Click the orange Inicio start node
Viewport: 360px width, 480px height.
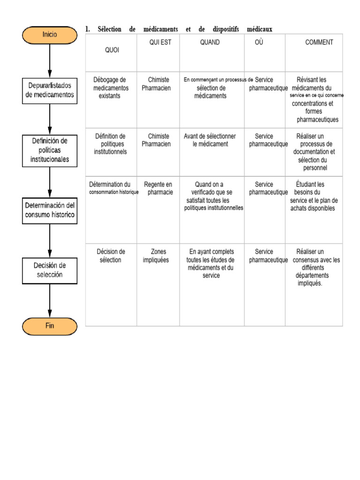pyautogui.click(x=50, y=35)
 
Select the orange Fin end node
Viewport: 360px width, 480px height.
pyautogui.click(x=50, y=326)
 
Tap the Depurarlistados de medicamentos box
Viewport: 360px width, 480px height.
pyautogui.click(x=50, y=90)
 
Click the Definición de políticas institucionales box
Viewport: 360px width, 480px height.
pyautogui.click(x=50, y=150)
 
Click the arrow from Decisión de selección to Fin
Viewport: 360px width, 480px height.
pyautogui.click(x=50, y=300)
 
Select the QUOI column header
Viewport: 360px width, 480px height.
pyautogui.click(x=112, y=50)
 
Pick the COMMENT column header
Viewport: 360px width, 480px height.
pyautogui.click(x=319, y=42)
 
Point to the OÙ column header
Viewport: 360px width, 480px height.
pyautogui.click(x=259, y=42)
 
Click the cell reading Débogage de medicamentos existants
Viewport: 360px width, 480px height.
pyautogui.click(x=111, y=88)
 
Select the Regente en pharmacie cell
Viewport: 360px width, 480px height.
pyautogui.click(x=158, y=188)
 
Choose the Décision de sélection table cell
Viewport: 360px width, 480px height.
pyautogui.click(x=111, y=256)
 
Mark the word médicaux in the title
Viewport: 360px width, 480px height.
pyautogui.click(x=259, y=30)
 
